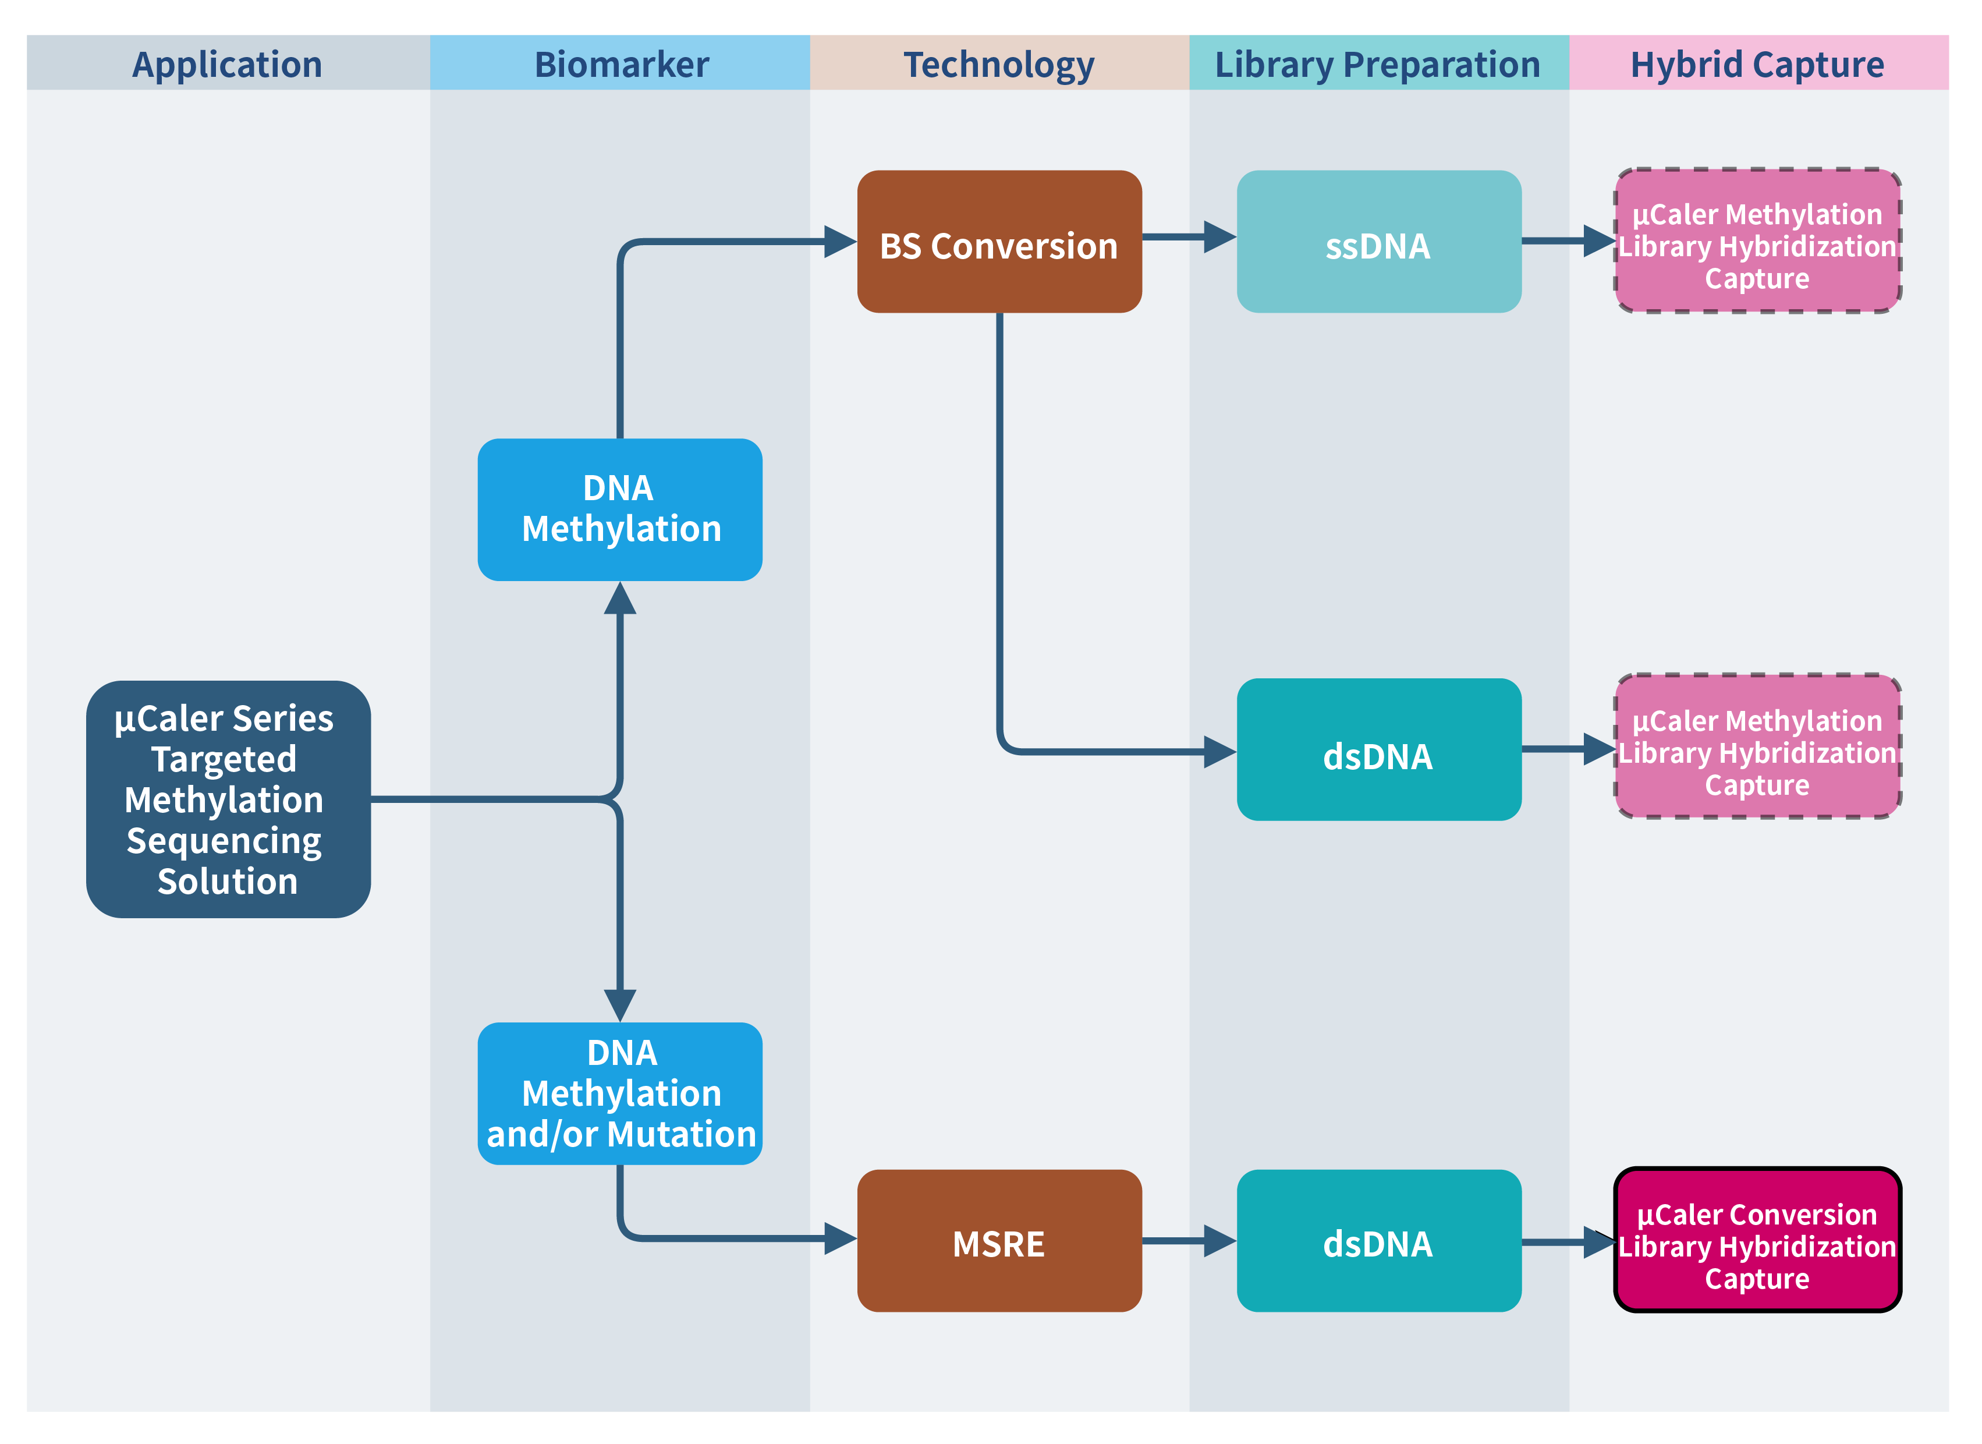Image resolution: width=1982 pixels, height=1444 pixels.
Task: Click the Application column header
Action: [x=227, y=64]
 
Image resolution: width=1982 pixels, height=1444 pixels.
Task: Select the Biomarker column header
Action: [x=621, y=64]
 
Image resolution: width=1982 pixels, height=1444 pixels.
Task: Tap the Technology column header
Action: [x=999, y=64]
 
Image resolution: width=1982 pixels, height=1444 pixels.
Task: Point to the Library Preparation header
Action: [x=1378, y=64]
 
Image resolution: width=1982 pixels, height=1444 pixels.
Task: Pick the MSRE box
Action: [x=999, y=1241]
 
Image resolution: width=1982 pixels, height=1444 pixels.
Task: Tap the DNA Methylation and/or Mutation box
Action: [x=621, y=1093]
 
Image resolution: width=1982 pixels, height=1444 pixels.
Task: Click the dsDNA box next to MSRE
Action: [x=1379, y=1241]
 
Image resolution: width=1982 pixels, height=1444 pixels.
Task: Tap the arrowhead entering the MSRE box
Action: [x=840, y=1238]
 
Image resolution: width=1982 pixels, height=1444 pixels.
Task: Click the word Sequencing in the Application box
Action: [x=225, y=841]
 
